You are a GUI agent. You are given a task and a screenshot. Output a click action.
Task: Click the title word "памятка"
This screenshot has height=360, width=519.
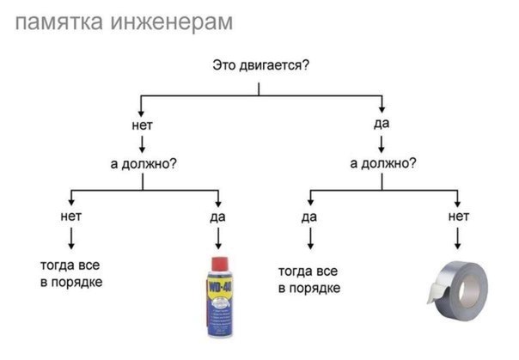(59, 22)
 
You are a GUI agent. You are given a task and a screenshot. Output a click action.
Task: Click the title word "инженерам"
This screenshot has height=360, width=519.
(172, 22)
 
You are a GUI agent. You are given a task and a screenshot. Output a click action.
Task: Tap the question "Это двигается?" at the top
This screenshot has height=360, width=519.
(260, 65)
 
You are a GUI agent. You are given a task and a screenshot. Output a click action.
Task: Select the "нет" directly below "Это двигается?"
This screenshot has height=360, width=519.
(142, 125)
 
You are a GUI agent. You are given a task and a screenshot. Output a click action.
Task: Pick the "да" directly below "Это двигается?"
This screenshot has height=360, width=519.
(382, 124)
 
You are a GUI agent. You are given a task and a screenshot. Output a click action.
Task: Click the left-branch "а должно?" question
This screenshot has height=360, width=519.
(143, 163)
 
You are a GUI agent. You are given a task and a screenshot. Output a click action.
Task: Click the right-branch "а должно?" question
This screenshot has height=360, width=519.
(383, 163)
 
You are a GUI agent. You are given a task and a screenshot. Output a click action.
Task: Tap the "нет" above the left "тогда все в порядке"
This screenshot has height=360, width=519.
(70, 217)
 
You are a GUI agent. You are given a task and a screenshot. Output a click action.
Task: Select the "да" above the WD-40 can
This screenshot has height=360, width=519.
(217, 217)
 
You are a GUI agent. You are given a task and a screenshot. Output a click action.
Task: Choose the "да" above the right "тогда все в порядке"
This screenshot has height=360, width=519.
(309, 217)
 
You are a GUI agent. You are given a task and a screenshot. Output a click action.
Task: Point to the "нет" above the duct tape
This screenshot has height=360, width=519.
(459, 217)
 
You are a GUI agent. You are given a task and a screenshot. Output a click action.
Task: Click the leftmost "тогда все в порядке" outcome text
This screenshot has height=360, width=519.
(70, 273)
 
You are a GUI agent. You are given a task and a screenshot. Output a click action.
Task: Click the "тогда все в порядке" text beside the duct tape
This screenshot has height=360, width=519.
(309, 279)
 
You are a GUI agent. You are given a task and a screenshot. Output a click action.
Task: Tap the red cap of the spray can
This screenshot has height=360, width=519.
(219, 264)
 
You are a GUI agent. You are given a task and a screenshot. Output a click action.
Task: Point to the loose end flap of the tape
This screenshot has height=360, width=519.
(437, 292)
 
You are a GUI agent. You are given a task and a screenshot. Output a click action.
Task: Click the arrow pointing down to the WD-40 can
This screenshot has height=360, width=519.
(218, 238)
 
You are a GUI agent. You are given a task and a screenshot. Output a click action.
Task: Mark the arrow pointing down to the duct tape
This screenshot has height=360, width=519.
(458, 238)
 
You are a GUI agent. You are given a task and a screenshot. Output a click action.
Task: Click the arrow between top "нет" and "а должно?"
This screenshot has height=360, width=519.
(143, 144)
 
